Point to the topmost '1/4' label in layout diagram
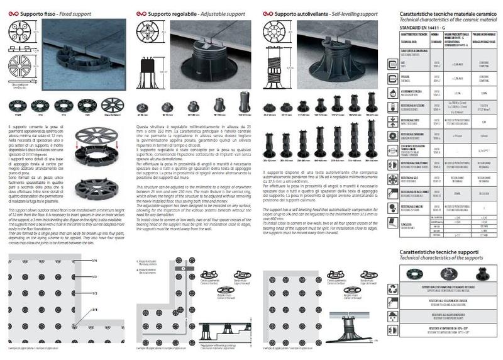[x=94, y=260]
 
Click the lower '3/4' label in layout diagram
[x=94, y=310]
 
